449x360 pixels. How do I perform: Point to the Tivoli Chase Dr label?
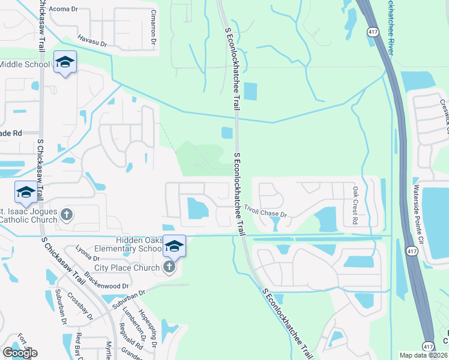pos(266,211)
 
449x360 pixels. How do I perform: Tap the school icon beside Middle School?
pos(65,62)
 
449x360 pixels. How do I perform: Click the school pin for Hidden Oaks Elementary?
pos(174,245)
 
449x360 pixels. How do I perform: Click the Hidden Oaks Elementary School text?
pos(133,244)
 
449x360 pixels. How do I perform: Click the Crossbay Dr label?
pos(79,305)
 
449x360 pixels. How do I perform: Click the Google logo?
pos(20,352)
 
